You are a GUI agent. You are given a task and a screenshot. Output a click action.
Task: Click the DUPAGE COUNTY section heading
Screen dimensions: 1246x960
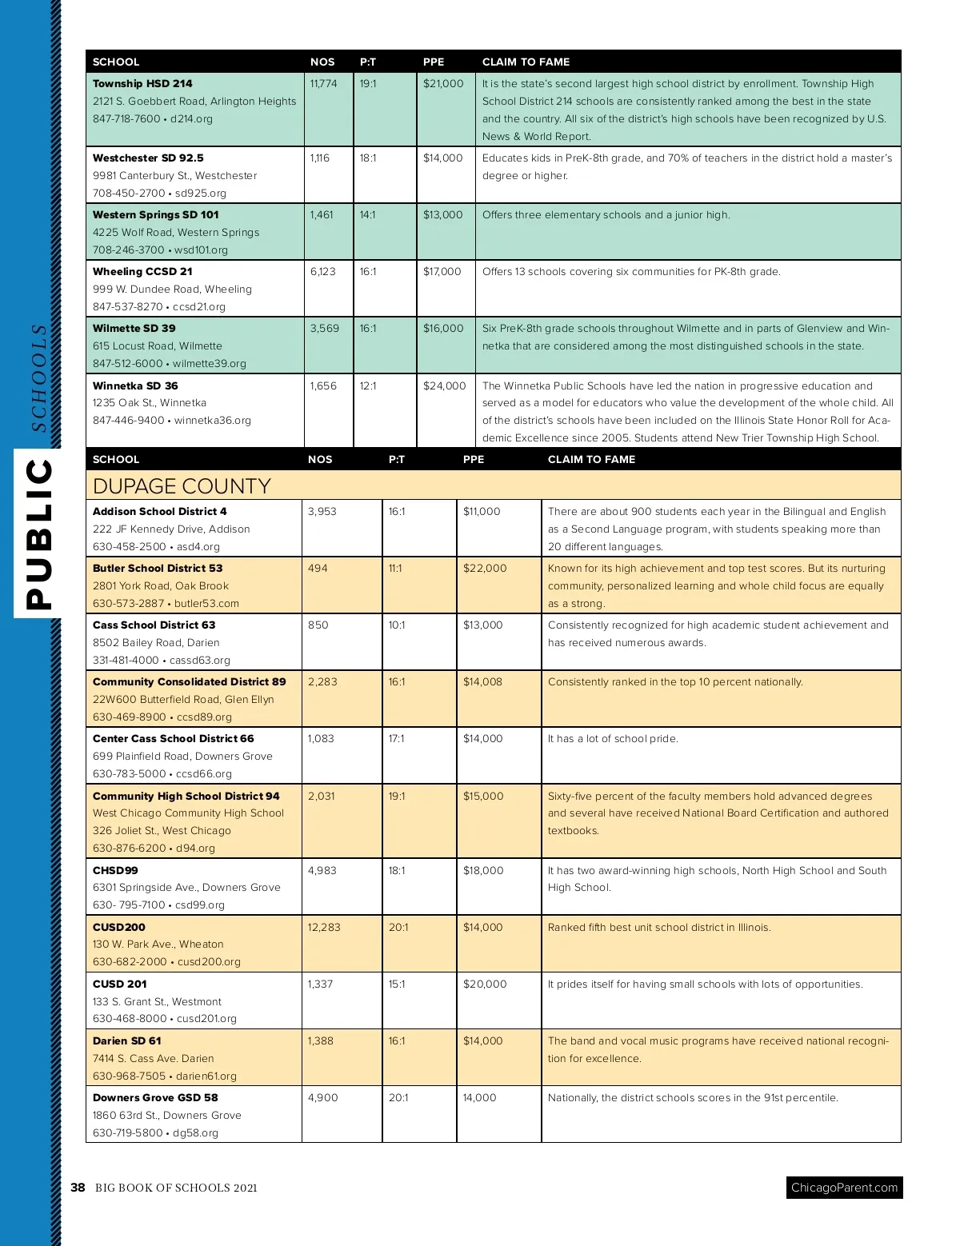tap(182, 486)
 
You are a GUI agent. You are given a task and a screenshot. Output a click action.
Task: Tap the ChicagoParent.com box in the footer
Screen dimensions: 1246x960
tap(844, 1188)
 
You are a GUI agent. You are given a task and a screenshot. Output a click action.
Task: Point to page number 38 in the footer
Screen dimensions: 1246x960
tap(78, 1188)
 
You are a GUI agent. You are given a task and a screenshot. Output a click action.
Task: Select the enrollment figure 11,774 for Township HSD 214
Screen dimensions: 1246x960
tap(323, 83)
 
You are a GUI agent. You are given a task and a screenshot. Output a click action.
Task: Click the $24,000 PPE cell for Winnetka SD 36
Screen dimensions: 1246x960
tap(444, 385)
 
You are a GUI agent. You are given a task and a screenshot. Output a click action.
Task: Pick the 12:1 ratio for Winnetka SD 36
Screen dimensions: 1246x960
tap(367, 385)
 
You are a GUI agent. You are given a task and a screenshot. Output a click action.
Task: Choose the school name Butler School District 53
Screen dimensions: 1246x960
tap(158, 568)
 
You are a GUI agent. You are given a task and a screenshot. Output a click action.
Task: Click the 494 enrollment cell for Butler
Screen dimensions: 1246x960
tap(318, 568)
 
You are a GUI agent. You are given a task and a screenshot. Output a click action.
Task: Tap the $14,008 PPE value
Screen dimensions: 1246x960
tap(482, 681)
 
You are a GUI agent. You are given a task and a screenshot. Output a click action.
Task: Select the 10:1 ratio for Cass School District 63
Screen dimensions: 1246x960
tap(397, 625)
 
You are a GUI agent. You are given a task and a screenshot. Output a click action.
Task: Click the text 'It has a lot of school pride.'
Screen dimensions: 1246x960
tap(613, 738)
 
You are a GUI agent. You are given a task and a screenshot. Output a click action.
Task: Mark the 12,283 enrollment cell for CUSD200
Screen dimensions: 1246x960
tap(324, 927)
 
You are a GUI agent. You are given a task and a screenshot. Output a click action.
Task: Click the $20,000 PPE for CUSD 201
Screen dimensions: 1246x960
tap(485, 984)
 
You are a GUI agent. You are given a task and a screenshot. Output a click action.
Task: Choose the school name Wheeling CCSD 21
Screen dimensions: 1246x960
tap(142, 271)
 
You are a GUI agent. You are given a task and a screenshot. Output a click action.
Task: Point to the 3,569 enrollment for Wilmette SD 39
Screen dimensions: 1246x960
tap(324, 328)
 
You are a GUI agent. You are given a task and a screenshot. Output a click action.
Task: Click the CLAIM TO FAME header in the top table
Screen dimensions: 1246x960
tap(526, 62)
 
